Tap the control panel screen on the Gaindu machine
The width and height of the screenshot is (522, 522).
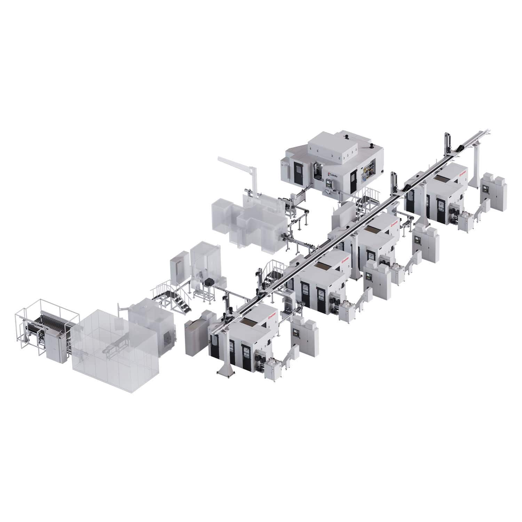[327, 181]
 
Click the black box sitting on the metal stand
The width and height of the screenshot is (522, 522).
[209, 283]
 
